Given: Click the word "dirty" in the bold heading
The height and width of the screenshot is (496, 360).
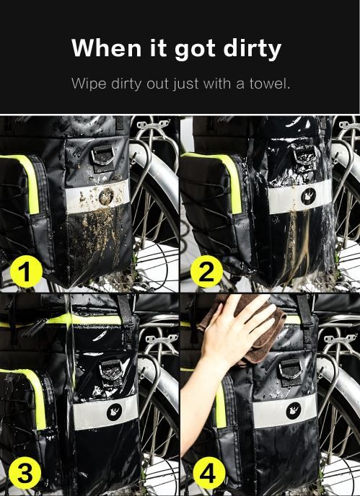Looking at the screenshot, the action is click(x=252, y=49).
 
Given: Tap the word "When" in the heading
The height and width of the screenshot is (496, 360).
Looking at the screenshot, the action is click(x=106, y=48).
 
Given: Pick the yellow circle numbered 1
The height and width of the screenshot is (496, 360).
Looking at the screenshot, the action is click(x=26, y=272).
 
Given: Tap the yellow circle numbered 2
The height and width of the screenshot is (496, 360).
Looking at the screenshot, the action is click(x=206, y=271).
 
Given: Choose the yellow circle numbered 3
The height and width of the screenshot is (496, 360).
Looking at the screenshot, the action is click(x=25, y=473).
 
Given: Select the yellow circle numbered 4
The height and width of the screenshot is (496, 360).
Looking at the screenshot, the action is click(x=209, y=473).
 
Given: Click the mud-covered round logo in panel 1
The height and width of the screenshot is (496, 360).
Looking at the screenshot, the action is click(x=106, y=196).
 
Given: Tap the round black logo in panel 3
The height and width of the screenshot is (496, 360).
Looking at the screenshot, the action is click(x=114, y=412).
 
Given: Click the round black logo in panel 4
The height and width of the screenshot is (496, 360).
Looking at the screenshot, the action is click(x=294, y=411).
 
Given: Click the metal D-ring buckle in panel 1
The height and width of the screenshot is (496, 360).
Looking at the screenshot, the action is click(x=103, y=156).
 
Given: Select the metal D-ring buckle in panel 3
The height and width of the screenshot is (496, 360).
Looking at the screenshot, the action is click(x=111, y=370).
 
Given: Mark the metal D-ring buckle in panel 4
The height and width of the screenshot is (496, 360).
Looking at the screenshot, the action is click(x=291, y=370).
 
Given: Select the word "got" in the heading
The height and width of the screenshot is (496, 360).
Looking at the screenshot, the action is click(x=195, y=49).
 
